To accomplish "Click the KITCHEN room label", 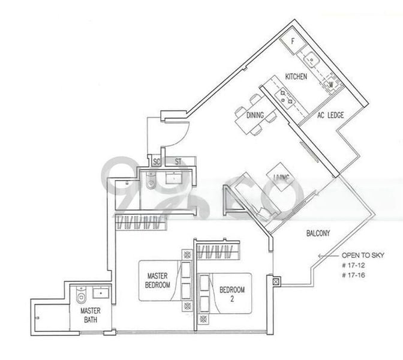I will pyautogui.click(x=296, y=77).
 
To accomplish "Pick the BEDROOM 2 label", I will pyautogui.click(x=231, y=294).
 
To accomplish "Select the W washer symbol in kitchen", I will pyautogui.click(x=330, y=85).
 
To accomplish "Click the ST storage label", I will pyautogui.click(x=178, y=161).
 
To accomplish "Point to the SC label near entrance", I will pyautogui.click(x=157, y=161).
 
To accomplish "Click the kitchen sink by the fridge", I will pyautogui.click(x=312, y=59).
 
